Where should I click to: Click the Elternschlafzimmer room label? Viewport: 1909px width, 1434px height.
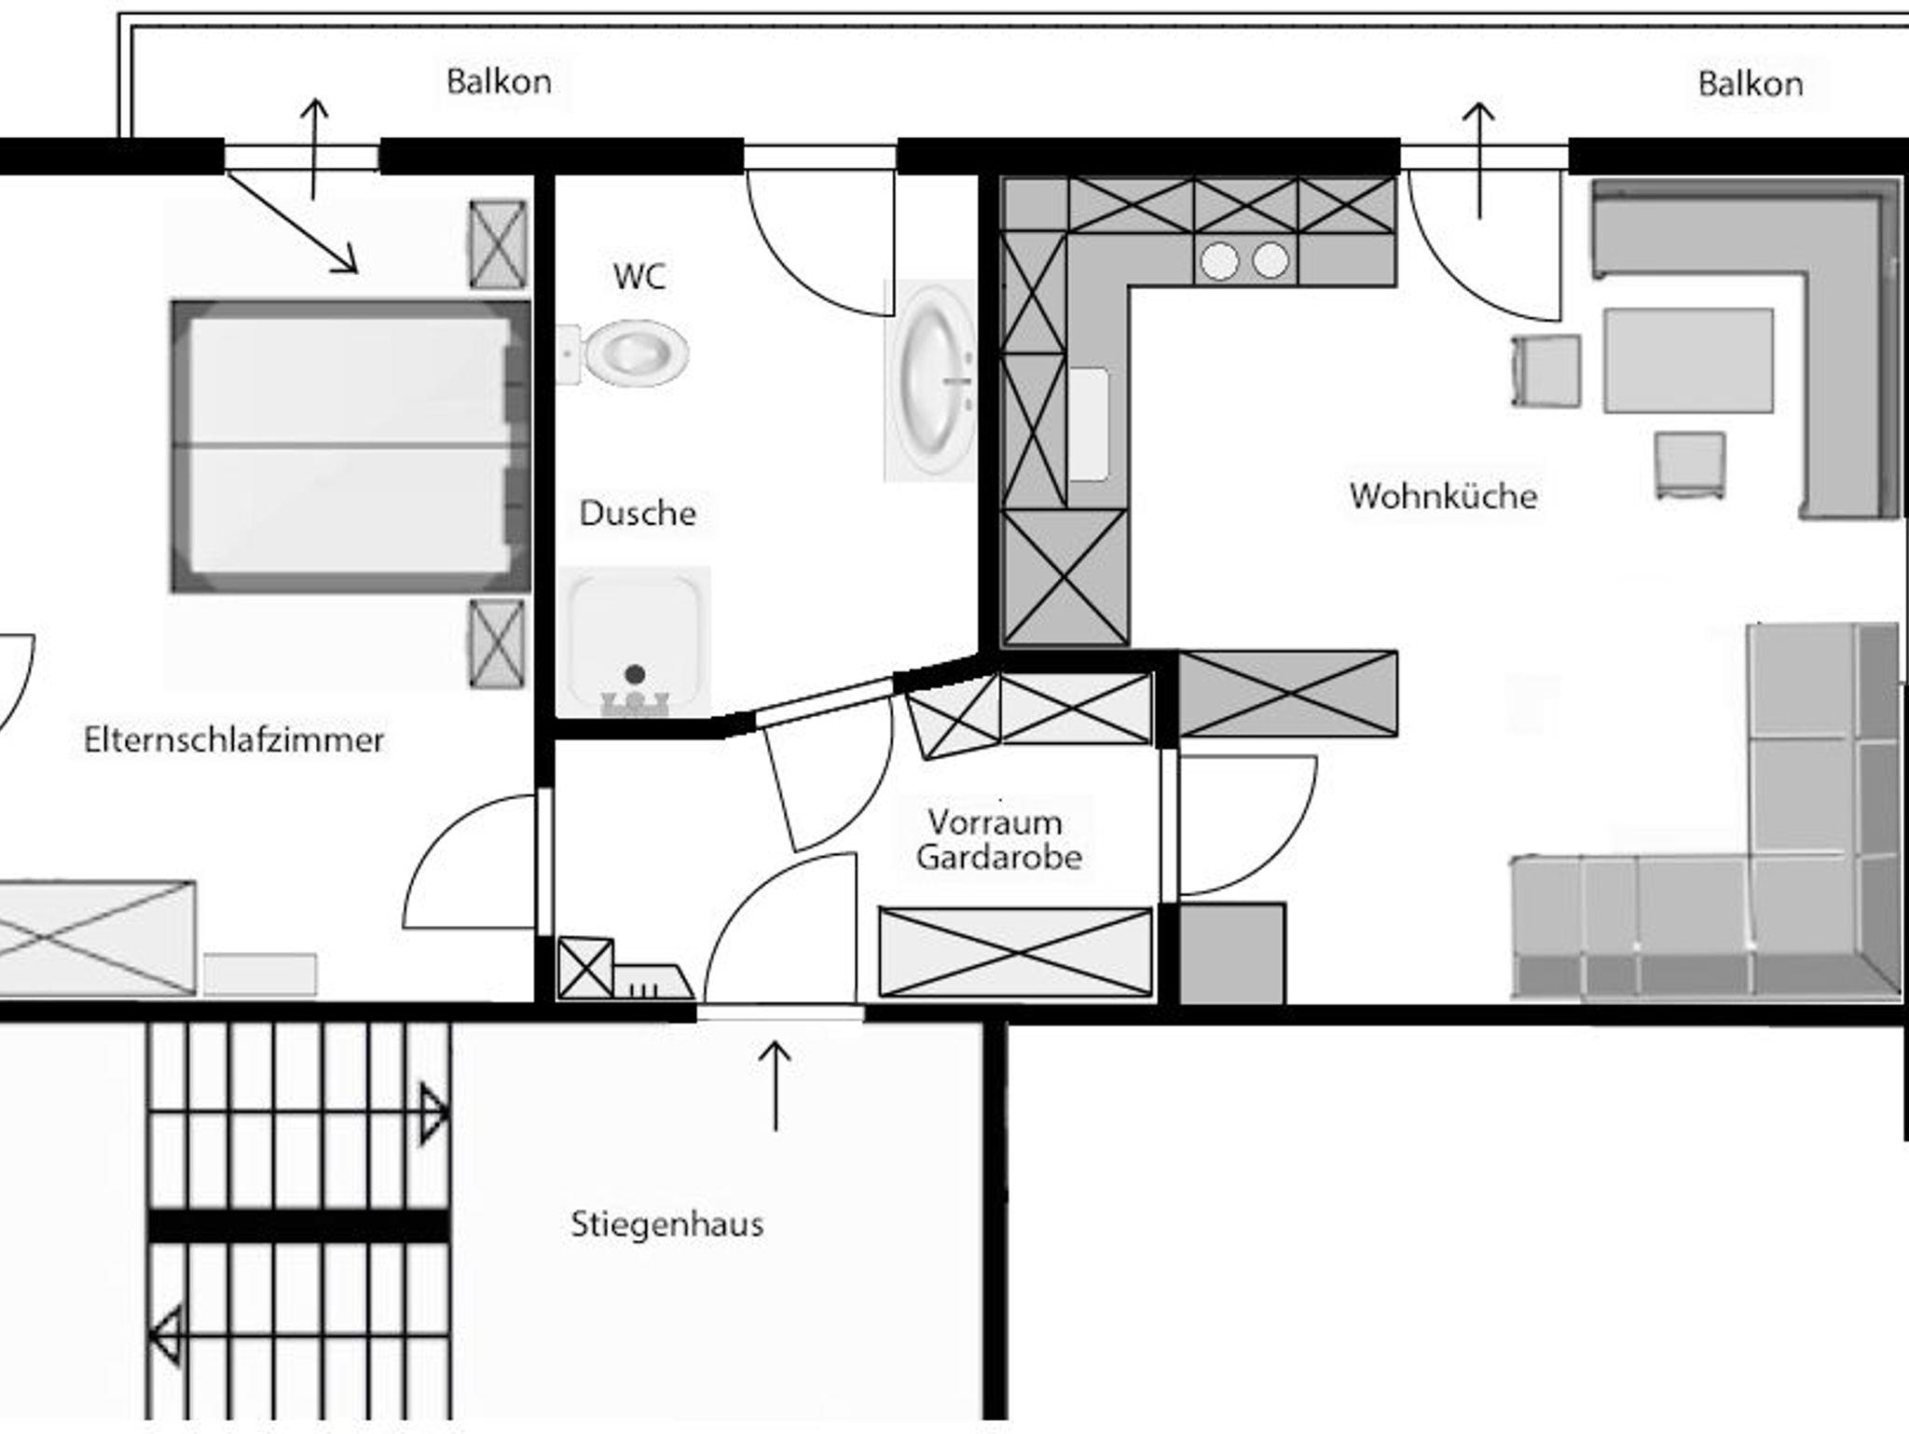tap(234, 739)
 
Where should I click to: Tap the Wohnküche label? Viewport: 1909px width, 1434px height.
tap(1443, 495)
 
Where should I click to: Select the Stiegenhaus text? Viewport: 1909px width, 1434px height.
tap(666, 1223)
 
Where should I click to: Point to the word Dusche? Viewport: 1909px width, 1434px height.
tap(638, 513)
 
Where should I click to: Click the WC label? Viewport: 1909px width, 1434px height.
tap(639, 276)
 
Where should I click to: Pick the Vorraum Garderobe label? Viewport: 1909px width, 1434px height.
tap(998, 839)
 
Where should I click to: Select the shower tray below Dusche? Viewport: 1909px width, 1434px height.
tap(634, 641)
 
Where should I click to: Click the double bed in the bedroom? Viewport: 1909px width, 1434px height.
tap(350, 447)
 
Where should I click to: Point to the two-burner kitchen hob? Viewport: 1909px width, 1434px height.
tap(1245, 260)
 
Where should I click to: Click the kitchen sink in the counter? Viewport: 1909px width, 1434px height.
tap(1089, 425)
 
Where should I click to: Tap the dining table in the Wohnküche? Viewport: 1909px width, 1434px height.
tap(1688, 360)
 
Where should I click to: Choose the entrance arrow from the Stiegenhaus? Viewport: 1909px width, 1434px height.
tap(775, 1086)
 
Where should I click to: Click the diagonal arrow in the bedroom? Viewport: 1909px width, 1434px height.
tap(292, 223)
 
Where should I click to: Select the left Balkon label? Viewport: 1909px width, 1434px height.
tap(499, 82)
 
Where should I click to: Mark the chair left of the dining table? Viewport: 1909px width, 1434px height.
tap(1545, 371)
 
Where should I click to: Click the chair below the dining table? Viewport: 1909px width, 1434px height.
tap(1690, 465)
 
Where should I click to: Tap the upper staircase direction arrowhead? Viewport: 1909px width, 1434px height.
tap(434, 1111)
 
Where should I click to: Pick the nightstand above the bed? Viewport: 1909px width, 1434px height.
tap(497, 244)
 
